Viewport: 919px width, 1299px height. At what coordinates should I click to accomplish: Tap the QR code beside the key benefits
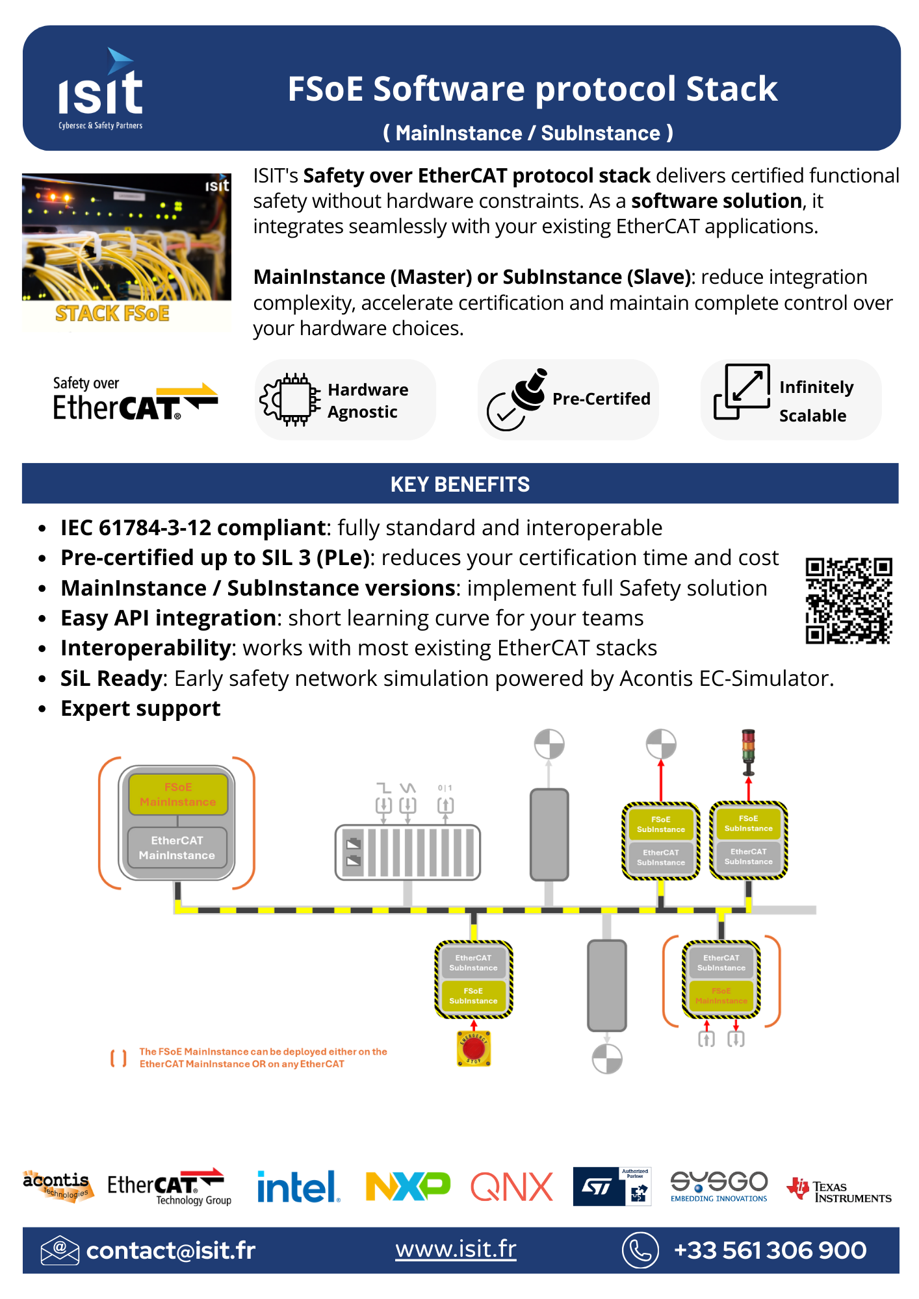click(848, 600)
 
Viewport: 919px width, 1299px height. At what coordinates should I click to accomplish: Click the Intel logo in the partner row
click(298, 1187)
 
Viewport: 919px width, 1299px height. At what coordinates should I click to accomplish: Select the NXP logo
click(408, 1186)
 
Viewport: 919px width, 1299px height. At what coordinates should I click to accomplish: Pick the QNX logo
click(511, 1187)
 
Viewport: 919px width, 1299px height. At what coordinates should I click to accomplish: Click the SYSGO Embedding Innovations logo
click(719, 1186)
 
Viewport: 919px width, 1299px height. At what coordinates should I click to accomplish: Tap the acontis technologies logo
click(57, 1186)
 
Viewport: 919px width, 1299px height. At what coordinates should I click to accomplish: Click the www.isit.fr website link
click(456, 1249)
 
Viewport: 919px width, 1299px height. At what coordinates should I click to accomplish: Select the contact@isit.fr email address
click(170, 1250)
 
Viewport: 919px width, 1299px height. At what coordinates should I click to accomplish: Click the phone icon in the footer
click(640, 1250)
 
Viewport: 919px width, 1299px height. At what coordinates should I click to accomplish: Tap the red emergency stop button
click(474, 1048)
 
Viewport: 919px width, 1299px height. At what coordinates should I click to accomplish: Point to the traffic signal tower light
click(749, 749)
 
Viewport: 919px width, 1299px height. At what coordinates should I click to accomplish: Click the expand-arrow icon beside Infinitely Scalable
click(742, 392)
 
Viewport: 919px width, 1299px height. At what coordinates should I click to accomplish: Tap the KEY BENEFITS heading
click(460, 484)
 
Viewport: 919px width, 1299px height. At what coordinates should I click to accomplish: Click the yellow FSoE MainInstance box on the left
click(178, 794)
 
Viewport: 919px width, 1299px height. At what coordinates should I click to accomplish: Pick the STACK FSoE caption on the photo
click(112, 314)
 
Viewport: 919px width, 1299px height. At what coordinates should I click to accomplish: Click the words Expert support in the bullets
click(140, 708)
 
